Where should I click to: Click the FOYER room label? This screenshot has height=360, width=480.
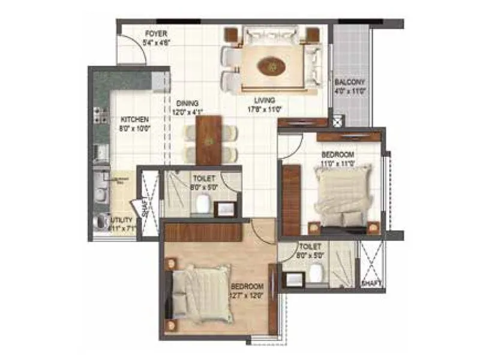pos(155,34)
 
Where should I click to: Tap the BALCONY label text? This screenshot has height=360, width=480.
pos(350,82)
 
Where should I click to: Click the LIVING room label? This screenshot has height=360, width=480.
pos(264,100)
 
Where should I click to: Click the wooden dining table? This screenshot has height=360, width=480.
pos(209,140)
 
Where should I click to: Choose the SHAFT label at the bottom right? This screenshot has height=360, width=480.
pos(371,282)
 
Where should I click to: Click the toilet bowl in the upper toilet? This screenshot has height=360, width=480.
pos(203,204)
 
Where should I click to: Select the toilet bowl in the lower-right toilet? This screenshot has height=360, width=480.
pos(314,275)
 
